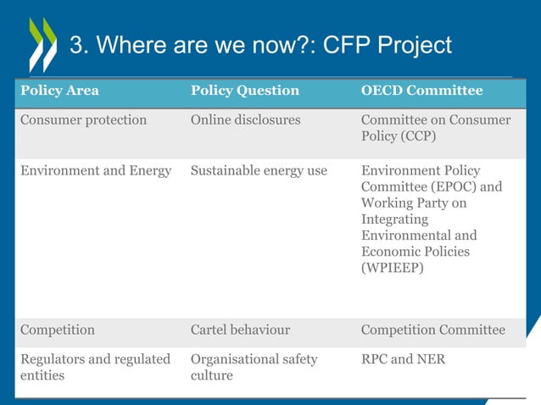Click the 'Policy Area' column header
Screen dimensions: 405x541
coord(59,91)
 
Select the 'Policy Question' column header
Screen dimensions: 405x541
coord(245,91)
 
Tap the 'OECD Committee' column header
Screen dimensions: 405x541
coord(421,91)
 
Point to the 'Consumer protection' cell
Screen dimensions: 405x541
coord(83,120)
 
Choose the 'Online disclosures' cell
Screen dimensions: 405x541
coord(245,120)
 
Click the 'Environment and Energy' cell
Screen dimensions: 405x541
coord(96,171)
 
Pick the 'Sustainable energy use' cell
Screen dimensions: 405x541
coord(259,171)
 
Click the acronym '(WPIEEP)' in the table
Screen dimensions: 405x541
coord(394,268)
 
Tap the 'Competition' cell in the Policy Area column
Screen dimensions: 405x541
coord(58,330)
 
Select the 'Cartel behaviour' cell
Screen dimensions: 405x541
coord(240,330)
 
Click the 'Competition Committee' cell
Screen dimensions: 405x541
coord(432,330)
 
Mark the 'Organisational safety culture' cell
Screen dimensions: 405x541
coord(254,368)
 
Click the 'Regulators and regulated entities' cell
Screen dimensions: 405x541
coord(95,368)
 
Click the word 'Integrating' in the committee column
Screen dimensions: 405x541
coord(396,219)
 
